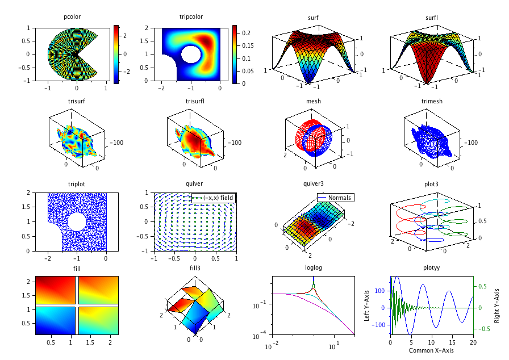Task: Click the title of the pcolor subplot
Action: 72,17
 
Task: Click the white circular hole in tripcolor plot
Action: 191,55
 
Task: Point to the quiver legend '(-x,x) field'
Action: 214,197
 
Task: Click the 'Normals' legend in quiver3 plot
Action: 336,198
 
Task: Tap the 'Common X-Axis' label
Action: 431,350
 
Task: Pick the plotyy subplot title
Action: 431,268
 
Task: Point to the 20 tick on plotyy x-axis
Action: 473,342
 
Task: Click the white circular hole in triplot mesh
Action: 77,221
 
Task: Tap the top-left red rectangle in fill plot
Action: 55,290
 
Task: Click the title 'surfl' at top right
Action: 431,17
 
